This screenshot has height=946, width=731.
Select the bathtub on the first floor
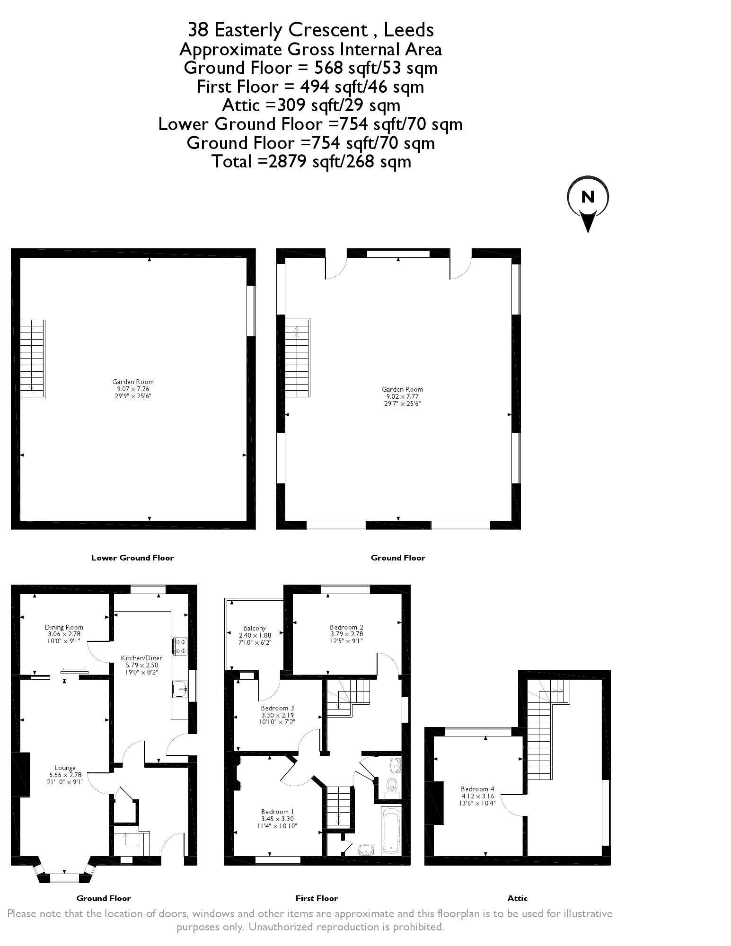pyautogui.click(x=391, y=831)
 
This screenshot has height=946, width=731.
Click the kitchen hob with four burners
pyautogui.click(x=181, y=647)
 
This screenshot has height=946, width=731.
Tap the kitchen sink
pyautogui.click(x=180, y=690)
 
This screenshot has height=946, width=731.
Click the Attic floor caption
pyautogui.click(x=518, y=898)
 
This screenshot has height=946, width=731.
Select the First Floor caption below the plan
pyautogui.click(x=317, y=898)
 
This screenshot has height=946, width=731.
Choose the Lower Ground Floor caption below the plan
pyautogui.click(x=132, y=558)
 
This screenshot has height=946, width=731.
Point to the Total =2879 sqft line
pyautogui.click(x=311, y=161)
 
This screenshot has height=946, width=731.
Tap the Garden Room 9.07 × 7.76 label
pyautogui.click(x=133, y=389)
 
